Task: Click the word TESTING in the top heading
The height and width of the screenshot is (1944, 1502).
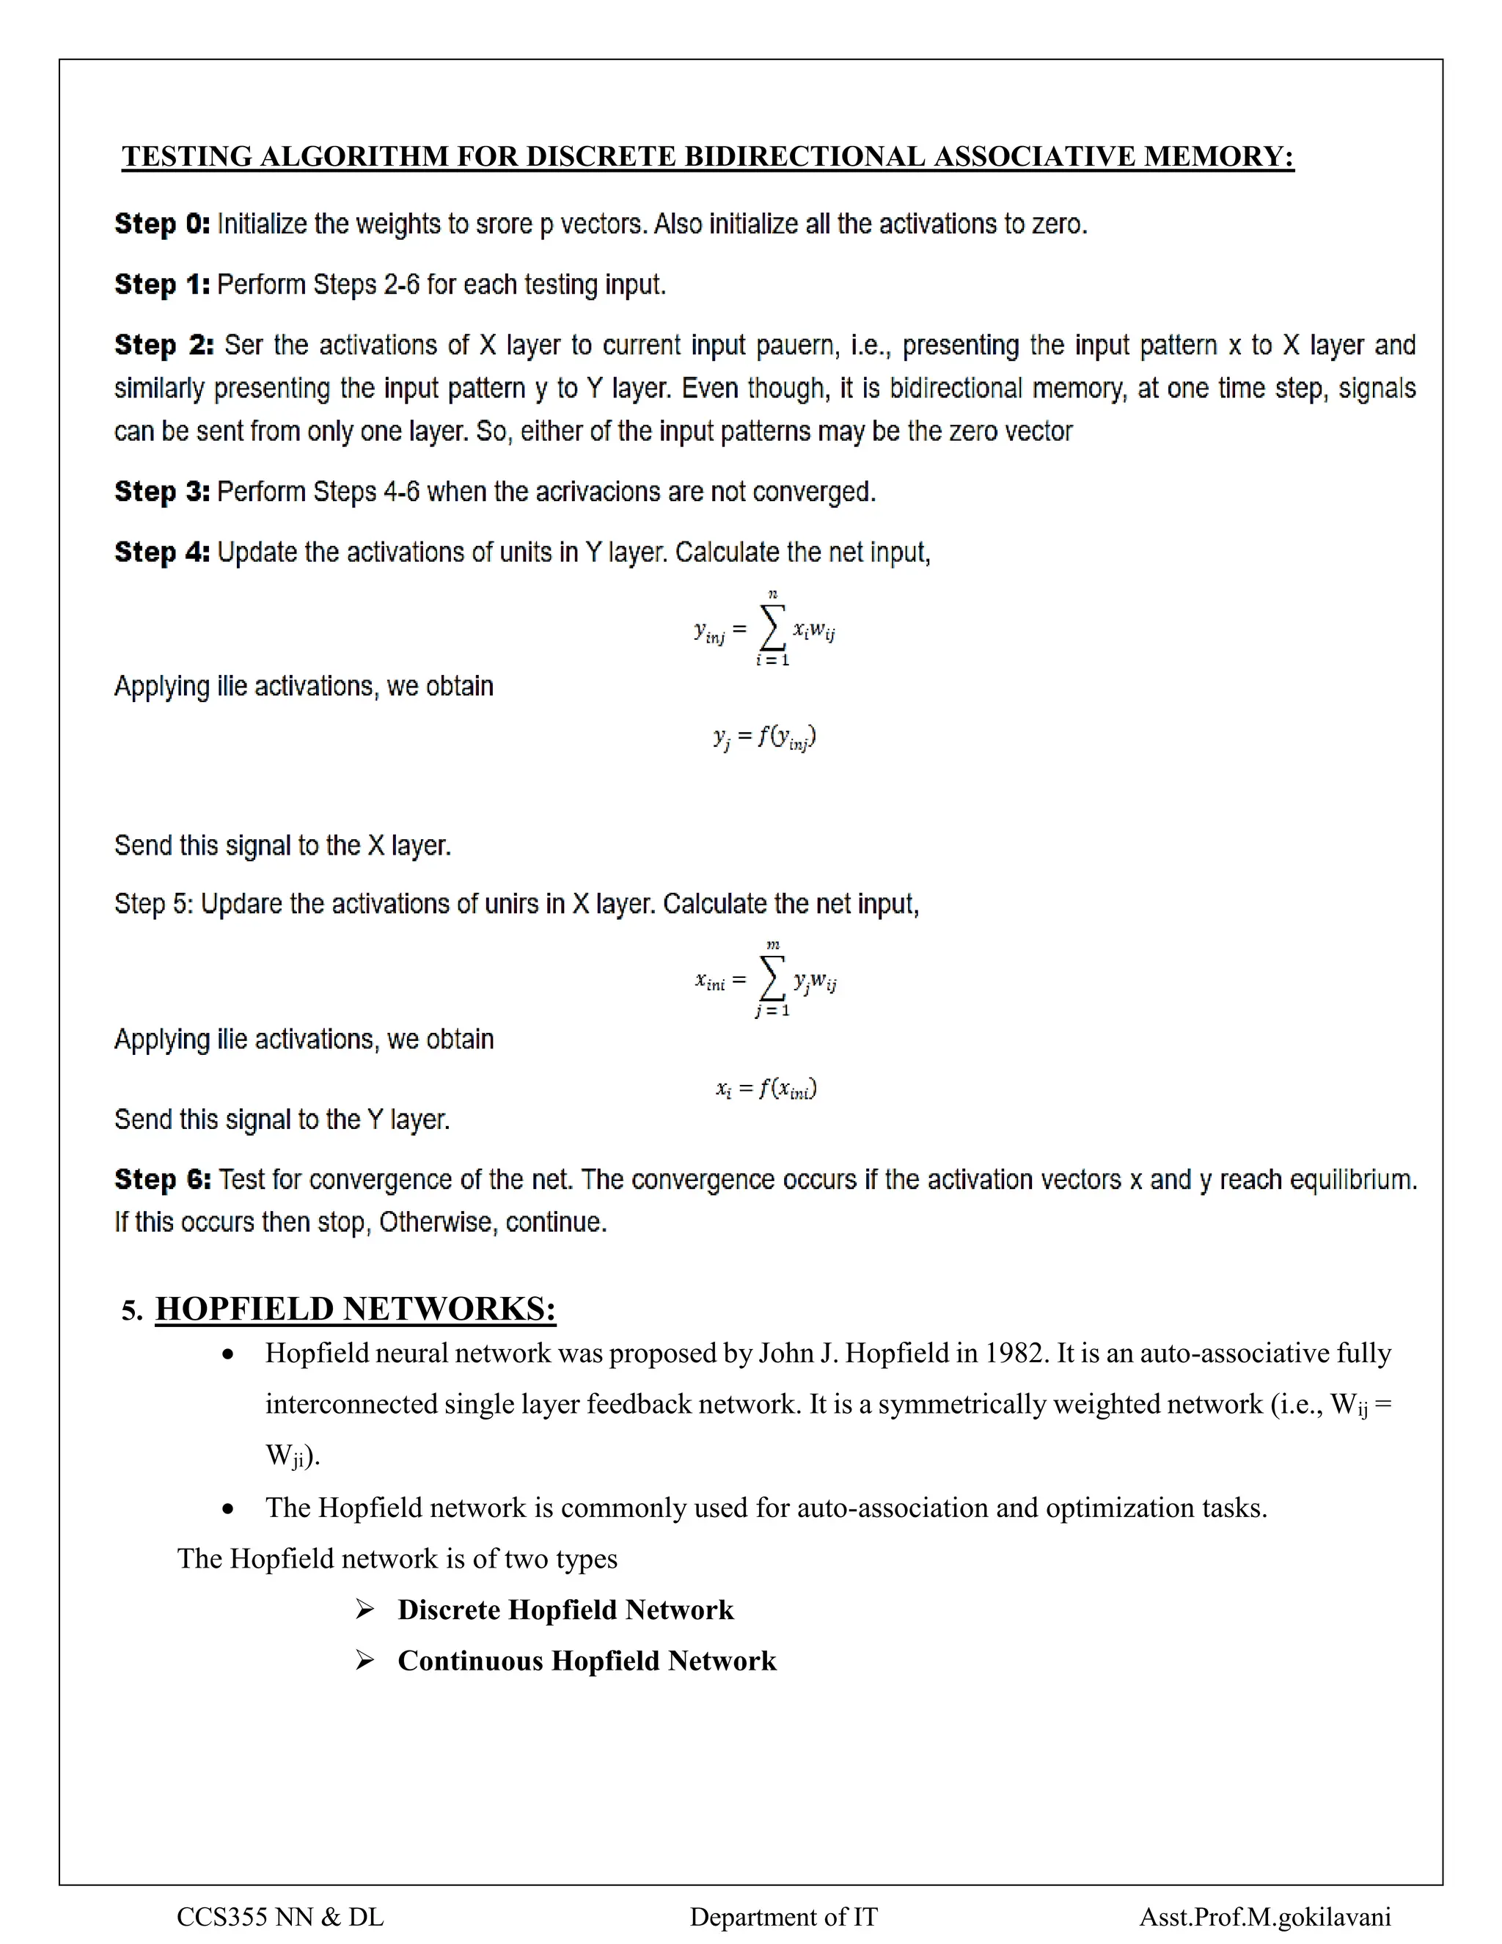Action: (187, 157)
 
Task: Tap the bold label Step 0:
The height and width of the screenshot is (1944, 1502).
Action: (162, 224)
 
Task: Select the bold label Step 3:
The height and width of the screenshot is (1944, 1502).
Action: (162, 492)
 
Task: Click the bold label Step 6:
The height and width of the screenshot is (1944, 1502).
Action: (163, 1180)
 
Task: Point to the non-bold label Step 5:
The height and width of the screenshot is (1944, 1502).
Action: (153, 905)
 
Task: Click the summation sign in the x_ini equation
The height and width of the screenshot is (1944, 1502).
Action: (772, 979)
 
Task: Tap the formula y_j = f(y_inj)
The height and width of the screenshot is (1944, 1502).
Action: (764, 738)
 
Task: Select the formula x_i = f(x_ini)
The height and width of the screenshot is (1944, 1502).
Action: (766, 1089)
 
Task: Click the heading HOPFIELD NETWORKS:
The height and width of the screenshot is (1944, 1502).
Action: (355, 1309)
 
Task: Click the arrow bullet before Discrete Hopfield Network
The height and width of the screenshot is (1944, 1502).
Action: (364, 1609)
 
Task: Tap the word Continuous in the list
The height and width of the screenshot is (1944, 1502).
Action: (470, 1661)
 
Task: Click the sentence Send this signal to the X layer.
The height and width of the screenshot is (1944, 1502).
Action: (283, 846)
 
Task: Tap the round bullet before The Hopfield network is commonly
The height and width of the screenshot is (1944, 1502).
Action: (229, 1510)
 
